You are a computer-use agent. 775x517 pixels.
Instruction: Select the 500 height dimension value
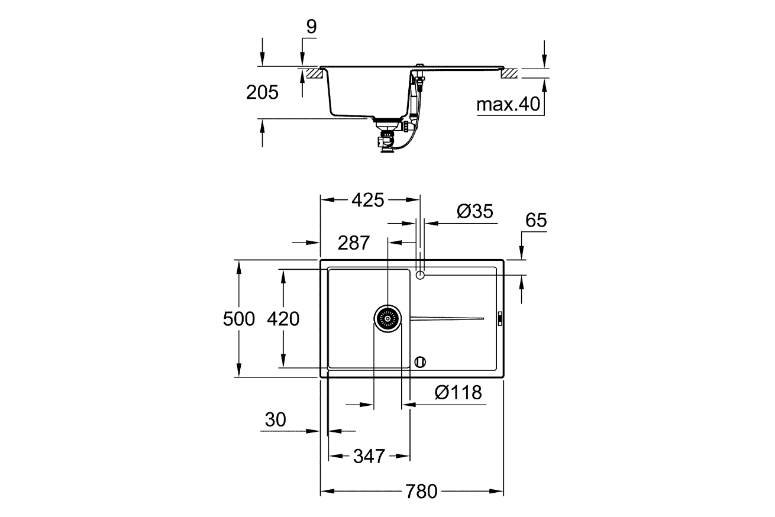(x=238, y=319)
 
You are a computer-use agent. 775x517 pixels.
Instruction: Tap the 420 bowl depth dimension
(x=283, y=319)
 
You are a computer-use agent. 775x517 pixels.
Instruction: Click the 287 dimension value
(x=354, y=243)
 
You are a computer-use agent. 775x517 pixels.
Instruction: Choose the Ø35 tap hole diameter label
(x=475, y=212)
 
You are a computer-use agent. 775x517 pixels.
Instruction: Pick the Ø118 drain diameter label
(x=458, y=392)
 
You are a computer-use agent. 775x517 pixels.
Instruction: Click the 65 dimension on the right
(x=536, y=221)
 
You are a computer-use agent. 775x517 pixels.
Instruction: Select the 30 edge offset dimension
(x=275, y=420)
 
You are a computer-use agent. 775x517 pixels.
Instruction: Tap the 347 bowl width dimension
(x=369, y=456)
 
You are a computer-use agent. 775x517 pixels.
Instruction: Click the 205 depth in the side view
(x=261, y=92)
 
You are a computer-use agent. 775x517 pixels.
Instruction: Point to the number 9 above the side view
(x=311, y=27)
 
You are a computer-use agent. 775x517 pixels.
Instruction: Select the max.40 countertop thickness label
(x=509, y=105)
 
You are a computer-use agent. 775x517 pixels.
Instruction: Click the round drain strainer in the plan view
(x=388, y=319)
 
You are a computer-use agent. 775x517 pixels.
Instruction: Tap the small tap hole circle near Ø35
(x=420, y=275)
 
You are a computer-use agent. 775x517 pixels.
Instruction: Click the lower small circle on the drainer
(x=420, y=361)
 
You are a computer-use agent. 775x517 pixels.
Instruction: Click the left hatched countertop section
(x=313, y=75)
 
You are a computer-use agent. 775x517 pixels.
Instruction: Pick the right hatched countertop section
(x=509, y=75)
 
